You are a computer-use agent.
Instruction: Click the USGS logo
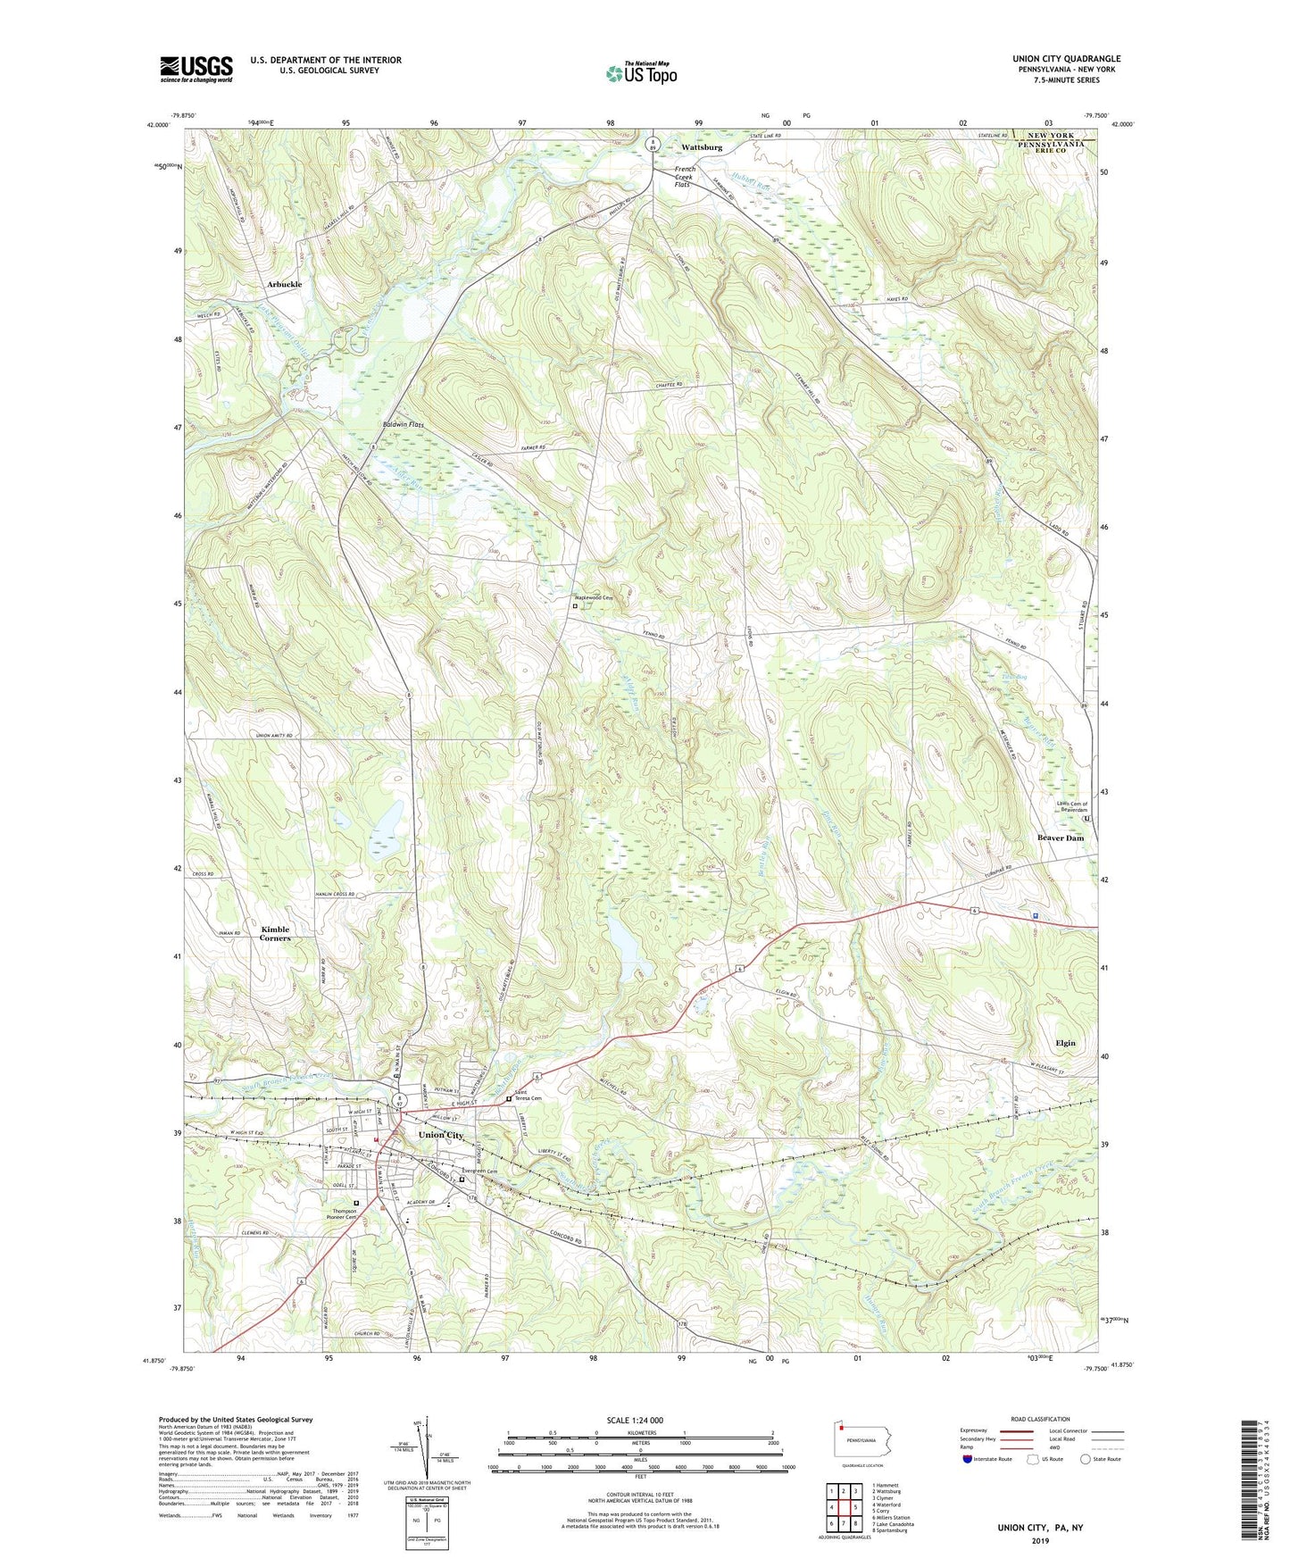tap(196, 69)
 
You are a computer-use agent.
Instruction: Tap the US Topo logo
tap(640, 73)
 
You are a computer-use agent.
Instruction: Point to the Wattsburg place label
tap(702, 146)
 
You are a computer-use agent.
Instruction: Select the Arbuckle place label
tap(284, 284)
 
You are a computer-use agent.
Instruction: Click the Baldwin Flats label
tap(403, 425)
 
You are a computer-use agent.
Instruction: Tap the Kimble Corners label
tap(275, 934)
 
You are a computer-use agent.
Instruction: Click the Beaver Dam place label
tap(1061, 838)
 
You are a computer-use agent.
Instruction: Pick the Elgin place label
tap(1065, 1043)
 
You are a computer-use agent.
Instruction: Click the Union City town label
tap(441, 1135)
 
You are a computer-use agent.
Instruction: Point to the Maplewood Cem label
tap(594, 597)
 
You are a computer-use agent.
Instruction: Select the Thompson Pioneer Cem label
tap(339, 1214)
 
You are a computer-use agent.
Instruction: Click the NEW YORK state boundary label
tap(1052, 135)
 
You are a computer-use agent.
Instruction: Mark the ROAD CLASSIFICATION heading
tap(1039, 1419)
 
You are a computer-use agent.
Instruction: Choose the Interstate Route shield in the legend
tap(968, 1459)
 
